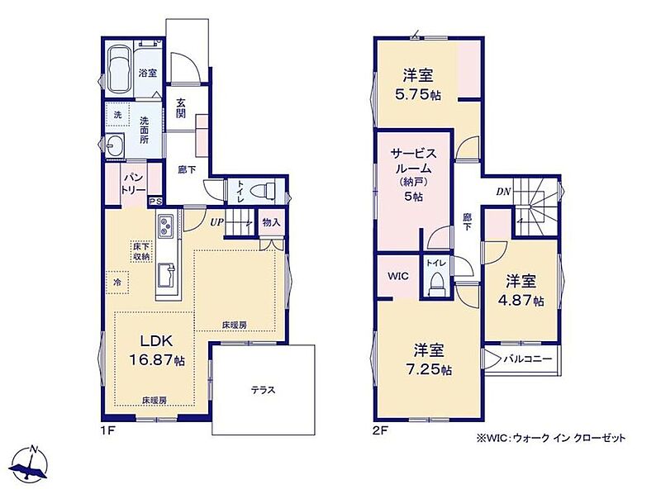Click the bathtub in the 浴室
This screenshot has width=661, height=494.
(118, 69)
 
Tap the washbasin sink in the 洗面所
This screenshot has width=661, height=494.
(114, 146)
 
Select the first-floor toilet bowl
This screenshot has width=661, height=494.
(262, 191)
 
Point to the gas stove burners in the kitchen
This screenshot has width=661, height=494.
(165, 226)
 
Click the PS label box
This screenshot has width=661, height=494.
(155, 202)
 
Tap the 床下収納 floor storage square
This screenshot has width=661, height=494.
(140, 251)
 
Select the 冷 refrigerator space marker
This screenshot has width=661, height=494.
(117, 282)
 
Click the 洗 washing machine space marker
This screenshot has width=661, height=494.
(117, 114)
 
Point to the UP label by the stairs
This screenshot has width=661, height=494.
(216, 222)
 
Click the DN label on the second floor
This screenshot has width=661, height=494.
(503, 192)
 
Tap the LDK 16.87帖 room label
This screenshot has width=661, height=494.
(157, 350)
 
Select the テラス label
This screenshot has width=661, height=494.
(263, 390)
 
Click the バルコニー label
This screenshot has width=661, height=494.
(527, 359)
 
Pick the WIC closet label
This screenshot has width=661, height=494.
(398, 276)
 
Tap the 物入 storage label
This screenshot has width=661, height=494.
(271, 222)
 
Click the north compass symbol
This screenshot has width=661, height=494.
(30, 463)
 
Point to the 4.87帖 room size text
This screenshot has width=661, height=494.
(521, 300)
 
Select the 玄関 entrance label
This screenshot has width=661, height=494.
(181, 108)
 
